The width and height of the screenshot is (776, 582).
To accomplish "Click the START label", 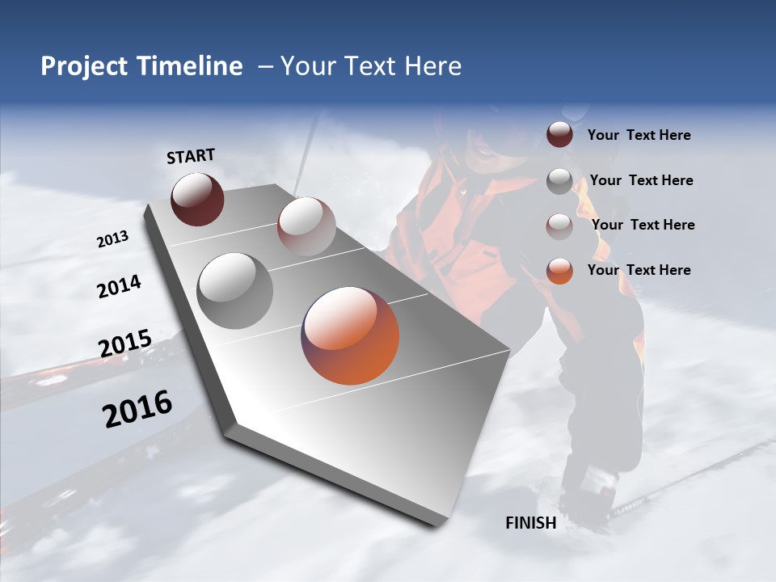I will coord(191,156).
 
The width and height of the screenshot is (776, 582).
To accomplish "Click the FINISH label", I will coord(531,523).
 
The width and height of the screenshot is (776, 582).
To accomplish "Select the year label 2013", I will coord(113,239).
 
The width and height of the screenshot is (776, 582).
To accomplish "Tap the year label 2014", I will coord(120,287).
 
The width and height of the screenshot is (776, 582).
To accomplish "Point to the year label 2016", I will coord(137,408).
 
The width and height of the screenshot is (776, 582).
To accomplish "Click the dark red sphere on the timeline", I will coord(197,199).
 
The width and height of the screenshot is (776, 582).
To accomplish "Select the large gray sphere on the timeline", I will coord(234,290).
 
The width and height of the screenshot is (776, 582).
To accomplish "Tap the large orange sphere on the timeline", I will coord(350,335).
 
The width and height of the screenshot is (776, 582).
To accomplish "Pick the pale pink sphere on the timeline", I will coord(306,226).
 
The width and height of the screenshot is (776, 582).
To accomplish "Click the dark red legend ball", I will coord(559,135).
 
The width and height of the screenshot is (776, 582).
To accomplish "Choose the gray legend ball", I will coord(559,181).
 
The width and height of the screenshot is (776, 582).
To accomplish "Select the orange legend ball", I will coord(559,271).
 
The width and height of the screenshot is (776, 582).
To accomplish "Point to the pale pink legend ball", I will coord(559,226).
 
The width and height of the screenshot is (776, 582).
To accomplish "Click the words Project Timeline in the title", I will coord(141,66).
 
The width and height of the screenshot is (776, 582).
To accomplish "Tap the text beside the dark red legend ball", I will coord(639,136).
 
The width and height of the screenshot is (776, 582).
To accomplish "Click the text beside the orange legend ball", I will coord(639,270).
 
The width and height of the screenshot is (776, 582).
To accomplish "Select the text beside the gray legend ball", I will coord(642,180).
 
